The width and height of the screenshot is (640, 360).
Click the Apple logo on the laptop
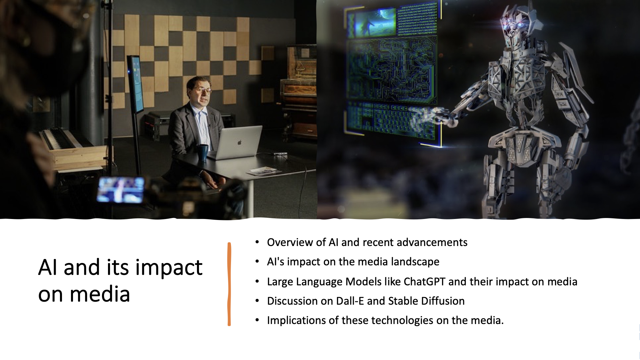239,142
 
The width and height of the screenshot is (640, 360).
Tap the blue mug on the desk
202,152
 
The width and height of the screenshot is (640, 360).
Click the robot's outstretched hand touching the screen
433,115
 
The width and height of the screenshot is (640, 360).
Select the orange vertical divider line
229,284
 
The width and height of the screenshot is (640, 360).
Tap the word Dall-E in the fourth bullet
350,301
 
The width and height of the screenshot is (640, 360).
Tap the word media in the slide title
100,294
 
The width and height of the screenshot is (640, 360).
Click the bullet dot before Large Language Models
257,282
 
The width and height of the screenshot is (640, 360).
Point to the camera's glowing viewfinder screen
120,190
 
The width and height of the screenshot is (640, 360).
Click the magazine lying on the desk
264,171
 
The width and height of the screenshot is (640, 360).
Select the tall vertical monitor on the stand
136,85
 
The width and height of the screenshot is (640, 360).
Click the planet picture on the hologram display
376,22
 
